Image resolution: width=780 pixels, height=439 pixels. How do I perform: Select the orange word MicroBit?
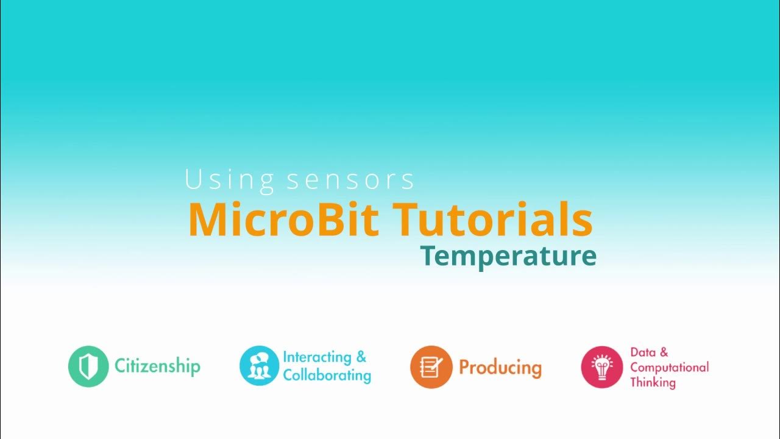(x=284, y=220)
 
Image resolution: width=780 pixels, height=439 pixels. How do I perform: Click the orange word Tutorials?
(x=492, y=220)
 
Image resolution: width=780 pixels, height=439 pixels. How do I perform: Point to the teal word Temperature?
(x=508, y=257)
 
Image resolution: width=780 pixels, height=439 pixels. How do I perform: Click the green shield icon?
(x=88, y=366)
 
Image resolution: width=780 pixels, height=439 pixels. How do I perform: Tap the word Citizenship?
(x=157, y=366)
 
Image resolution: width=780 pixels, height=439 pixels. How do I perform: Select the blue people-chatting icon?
(x=259, y=366)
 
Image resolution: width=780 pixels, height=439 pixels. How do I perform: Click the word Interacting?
(x=317, y=357)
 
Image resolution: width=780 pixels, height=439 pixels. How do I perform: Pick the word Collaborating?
(x=327, y=374)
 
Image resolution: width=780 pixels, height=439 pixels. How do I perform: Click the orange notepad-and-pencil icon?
(x=431, y=366)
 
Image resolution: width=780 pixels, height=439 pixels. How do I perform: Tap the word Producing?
(x=500, y=367)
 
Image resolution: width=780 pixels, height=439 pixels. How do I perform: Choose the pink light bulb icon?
(x=601, y=367)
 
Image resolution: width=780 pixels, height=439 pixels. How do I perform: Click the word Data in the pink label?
(x=642, y=352)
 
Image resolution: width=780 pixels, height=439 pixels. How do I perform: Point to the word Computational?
(x=669, y=367)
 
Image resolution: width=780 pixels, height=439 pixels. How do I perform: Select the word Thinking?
(x=653, y=383)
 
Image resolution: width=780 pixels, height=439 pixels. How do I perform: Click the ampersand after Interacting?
(x=361, y=357)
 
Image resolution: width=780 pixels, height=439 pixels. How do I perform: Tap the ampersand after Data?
(x=664, y=352)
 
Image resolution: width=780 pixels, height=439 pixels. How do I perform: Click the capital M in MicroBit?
(x=205, y=220)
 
